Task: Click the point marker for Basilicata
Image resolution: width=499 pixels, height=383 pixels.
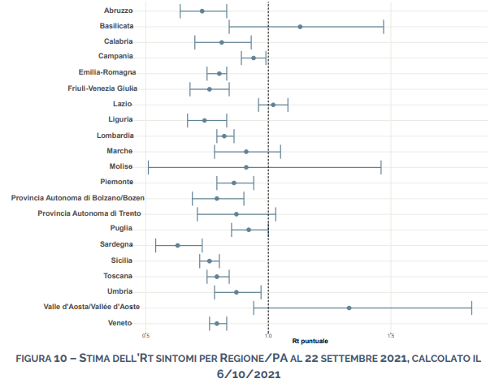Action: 300,27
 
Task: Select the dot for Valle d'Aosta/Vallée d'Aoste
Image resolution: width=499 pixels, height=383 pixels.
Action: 349,308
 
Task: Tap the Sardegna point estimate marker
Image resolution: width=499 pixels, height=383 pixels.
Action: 177,245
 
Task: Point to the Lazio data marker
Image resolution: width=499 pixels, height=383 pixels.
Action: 273,105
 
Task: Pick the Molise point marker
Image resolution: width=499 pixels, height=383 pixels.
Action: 246,167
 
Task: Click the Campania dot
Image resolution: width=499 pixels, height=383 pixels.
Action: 254,58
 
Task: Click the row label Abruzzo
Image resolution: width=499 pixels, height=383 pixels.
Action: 119,11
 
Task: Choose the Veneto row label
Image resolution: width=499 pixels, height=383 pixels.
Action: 120,323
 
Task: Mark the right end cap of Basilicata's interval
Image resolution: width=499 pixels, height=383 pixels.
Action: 383,27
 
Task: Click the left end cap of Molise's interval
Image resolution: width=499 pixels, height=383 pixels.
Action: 148,167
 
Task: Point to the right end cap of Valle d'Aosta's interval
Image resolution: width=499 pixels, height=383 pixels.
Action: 471,308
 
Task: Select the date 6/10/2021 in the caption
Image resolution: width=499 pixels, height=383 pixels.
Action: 249,373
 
